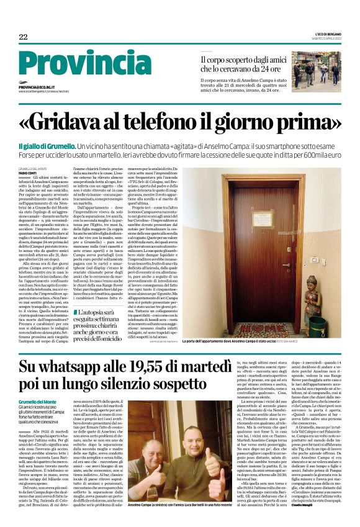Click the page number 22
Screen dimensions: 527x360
coord(24,37)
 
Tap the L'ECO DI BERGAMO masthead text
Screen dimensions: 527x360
coord(322,34)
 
